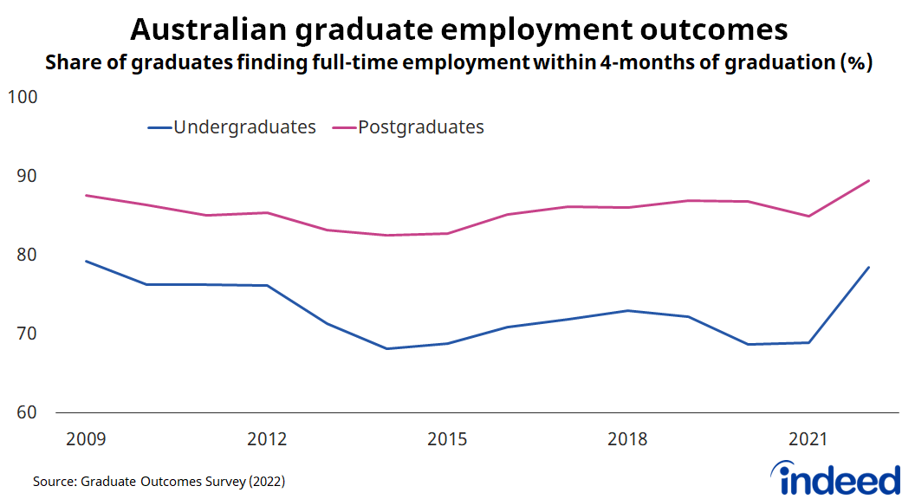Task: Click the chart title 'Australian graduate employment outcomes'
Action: [458, 29]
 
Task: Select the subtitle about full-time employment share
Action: [458, 63]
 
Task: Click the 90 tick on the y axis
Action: [26, 176]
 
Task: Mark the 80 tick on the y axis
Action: [26, 255]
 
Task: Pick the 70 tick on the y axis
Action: [26, 334]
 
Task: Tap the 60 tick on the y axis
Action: [26, 412]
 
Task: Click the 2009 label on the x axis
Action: [87, 439]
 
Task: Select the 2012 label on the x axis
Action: [267, 439]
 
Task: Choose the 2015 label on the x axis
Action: [447, 439]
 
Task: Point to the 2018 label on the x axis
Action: [627, 439]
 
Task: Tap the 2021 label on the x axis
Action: [808, 439]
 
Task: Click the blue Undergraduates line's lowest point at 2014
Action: [386, 348]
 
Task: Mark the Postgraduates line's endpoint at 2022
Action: [868, 180]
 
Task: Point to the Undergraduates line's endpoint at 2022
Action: [868, 267]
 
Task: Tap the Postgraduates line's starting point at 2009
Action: [87, 195]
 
